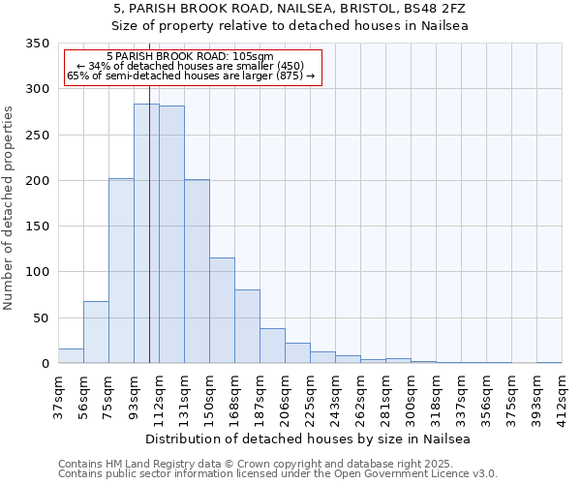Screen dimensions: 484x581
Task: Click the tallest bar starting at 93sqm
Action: click(146, 233)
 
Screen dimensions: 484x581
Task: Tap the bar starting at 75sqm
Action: click(121, 271)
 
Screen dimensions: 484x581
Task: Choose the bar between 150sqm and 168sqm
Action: click(222, 311)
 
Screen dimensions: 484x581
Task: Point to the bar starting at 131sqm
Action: click(197, 271)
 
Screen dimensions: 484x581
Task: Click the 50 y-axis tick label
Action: click(41, 318)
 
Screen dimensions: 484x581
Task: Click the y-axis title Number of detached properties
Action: click(9, 208)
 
